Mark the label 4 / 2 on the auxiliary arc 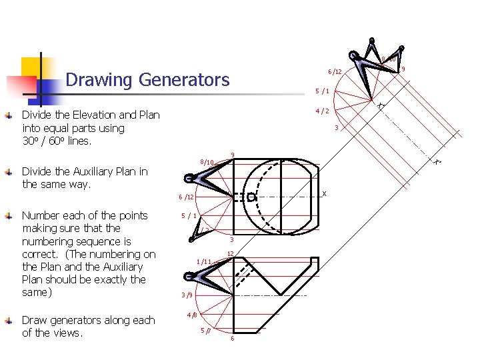click(322, 111)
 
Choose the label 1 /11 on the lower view click(203, 261)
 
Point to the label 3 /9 click(187, 295)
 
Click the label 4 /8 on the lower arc click(192, 314)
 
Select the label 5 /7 click(205, 330)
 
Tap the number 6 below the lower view click(232, 339)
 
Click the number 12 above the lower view click(230, 253)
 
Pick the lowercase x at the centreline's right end click(324, 193)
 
